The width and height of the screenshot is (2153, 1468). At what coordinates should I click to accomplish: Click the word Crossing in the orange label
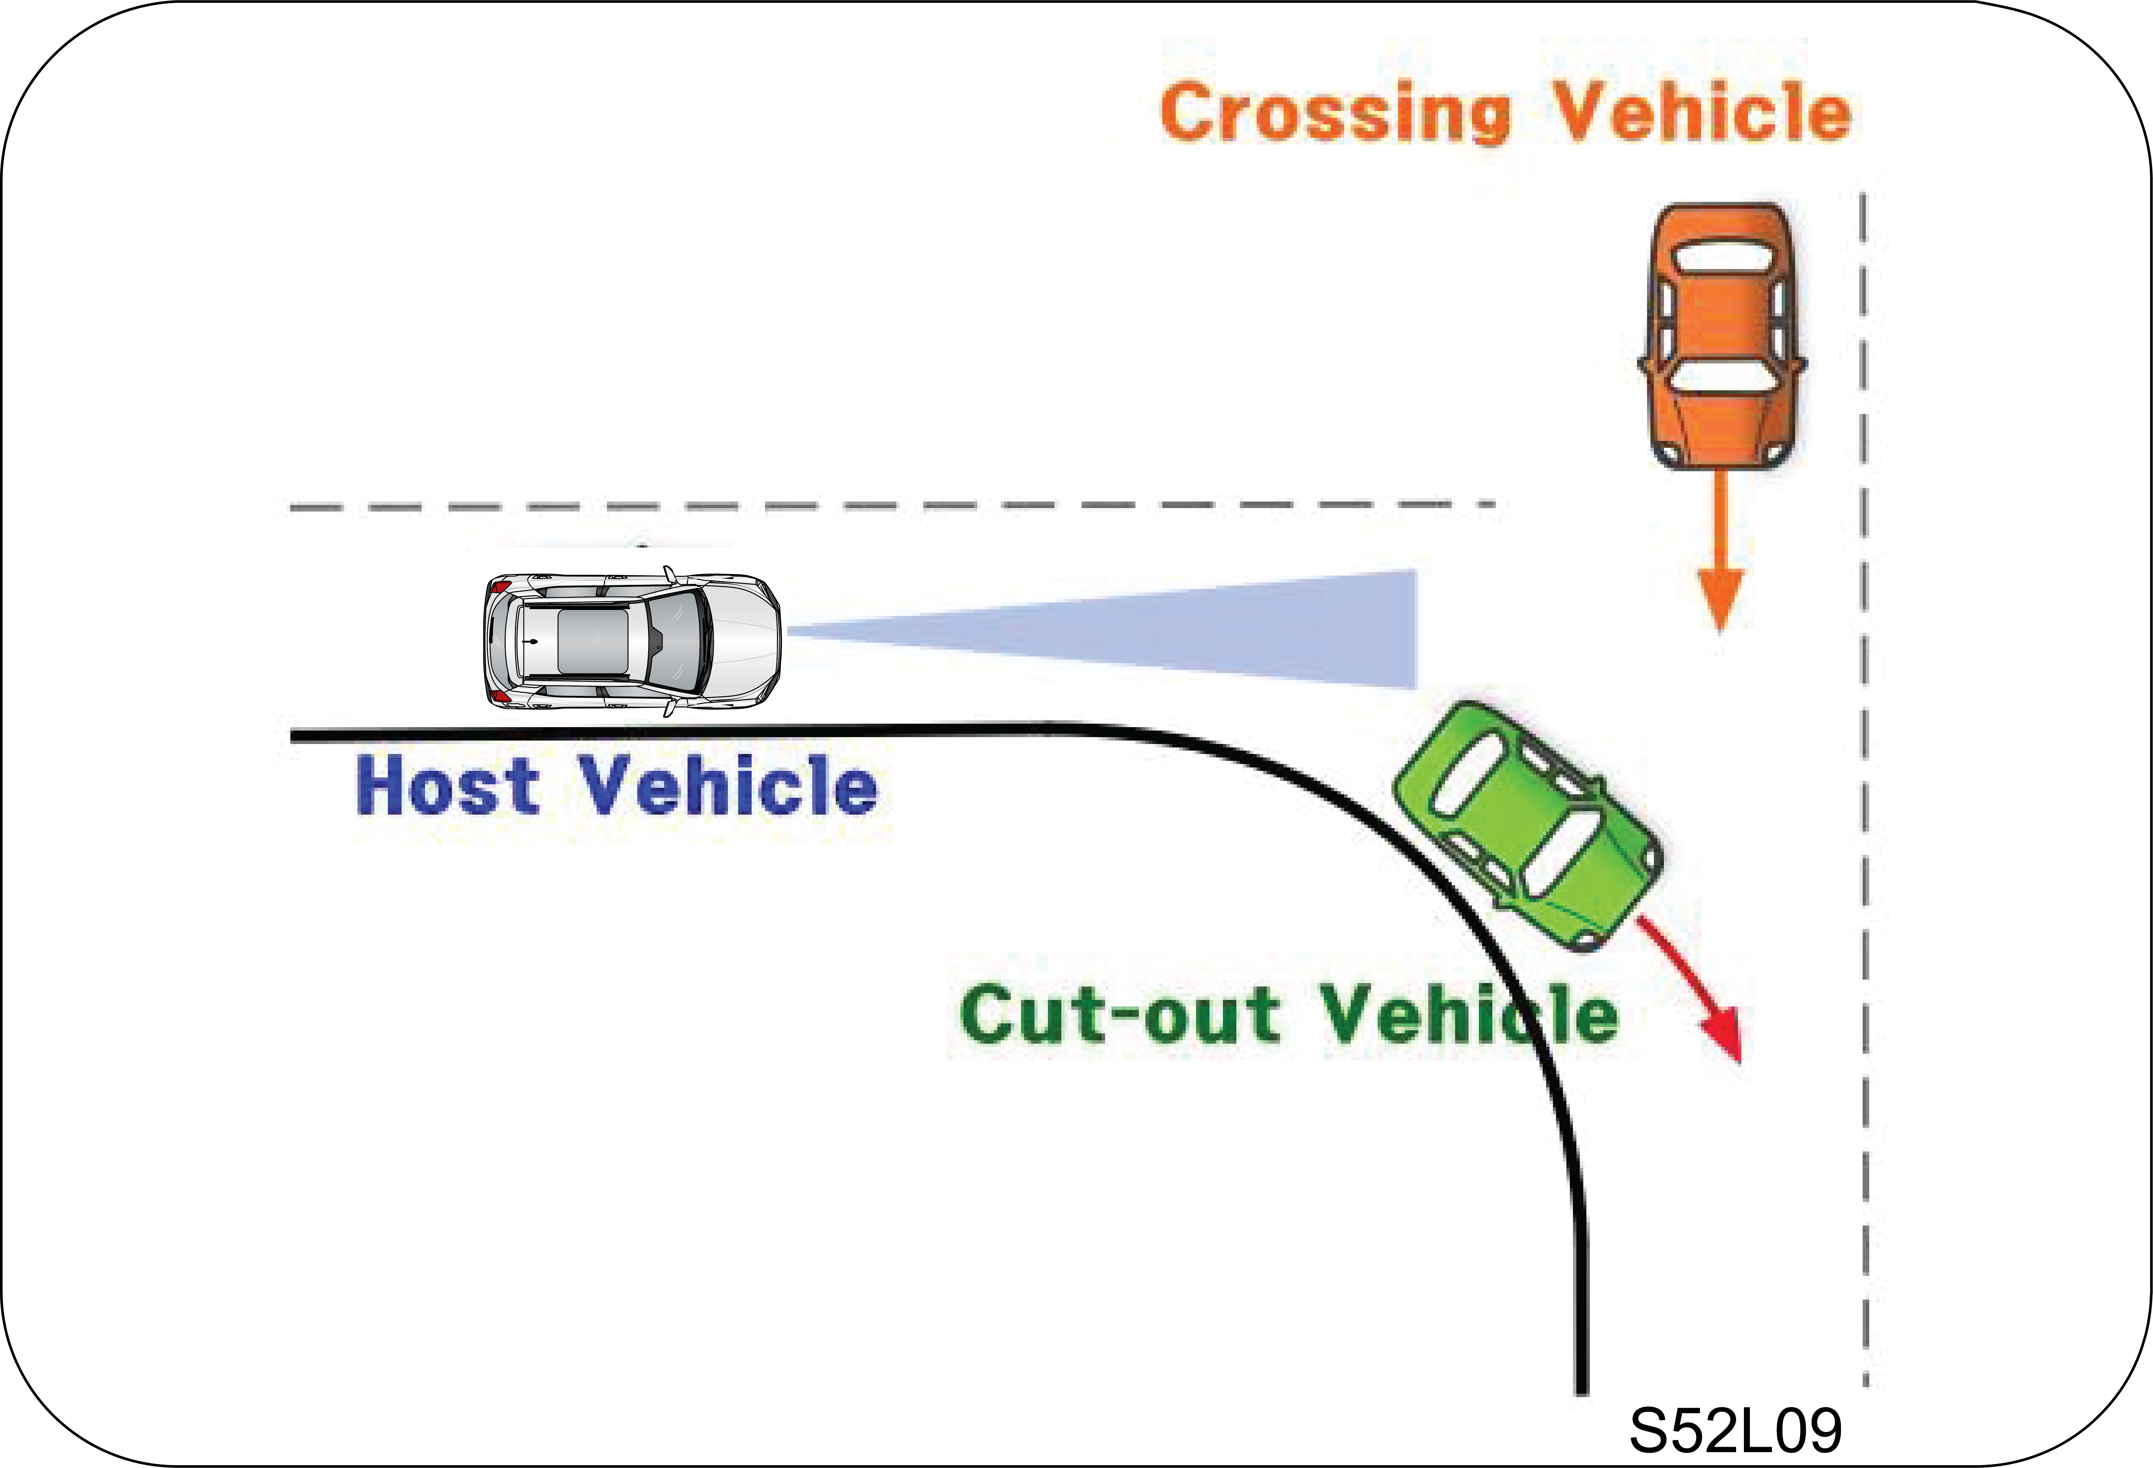(1336, 113)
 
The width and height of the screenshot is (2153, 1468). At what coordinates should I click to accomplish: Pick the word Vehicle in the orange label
(1702, 111)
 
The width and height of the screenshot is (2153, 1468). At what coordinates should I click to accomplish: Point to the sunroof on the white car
(593, 641)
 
